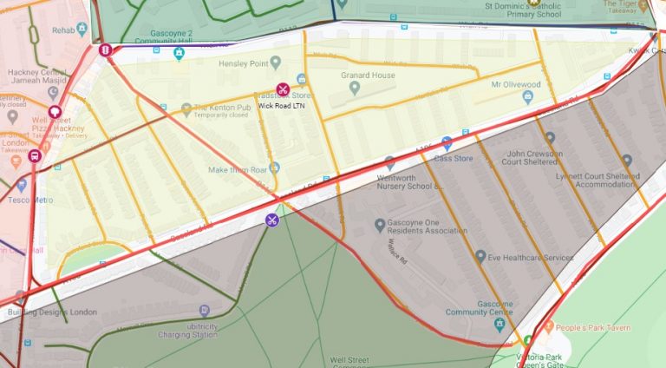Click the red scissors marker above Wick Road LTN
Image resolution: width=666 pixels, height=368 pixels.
[x=283, y=89]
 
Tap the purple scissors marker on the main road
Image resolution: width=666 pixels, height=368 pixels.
[x=272, y=220]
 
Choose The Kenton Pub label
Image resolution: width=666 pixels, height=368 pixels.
[x=222, y=108]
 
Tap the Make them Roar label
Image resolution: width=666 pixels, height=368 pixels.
[x=237, y=169]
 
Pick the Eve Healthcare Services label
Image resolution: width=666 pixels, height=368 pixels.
[x=530, y=257]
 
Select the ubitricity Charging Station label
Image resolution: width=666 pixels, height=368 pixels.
[x=187, y=329]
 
